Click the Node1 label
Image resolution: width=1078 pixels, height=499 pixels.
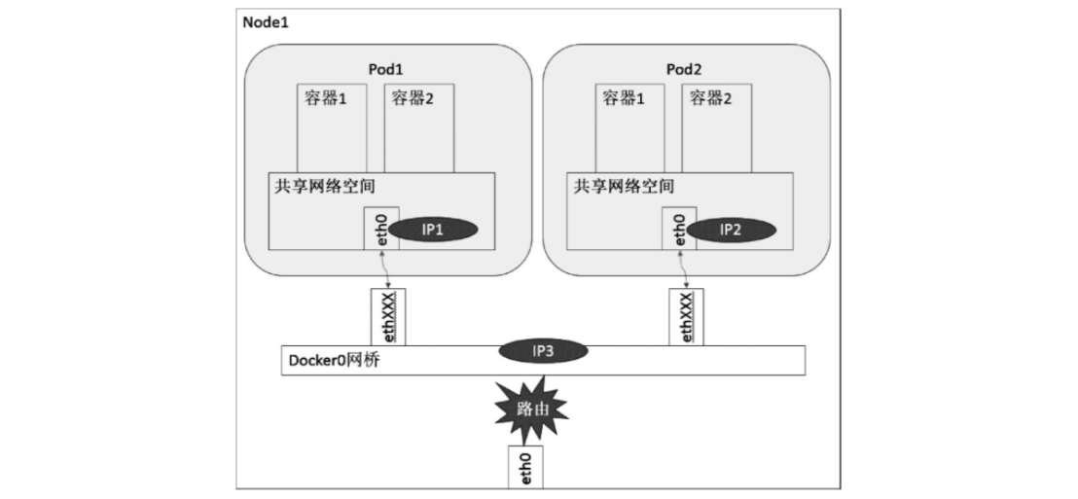click(x=266, y=20)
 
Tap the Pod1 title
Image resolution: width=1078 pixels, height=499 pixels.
click(x=385, y=70)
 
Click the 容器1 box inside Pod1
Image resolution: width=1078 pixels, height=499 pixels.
click(x=332, y=127)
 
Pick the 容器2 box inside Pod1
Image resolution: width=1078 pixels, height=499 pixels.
click(x=419, y=127)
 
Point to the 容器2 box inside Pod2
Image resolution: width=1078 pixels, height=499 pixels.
click(x=716, y=127)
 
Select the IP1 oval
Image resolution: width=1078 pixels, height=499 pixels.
click(x=433, y=230)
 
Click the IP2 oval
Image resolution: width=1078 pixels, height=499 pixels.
click(x=731, y=230)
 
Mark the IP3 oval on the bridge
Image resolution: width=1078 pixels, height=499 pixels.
click(x=544, y=351)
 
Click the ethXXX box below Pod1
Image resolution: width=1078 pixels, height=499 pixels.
click(x=388, y=316)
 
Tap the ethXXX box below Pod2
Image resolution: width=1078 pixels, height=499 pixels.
click(x=685, y=316)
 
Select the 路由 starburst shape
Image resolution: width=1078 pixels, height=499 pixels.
click(x=527, y=410)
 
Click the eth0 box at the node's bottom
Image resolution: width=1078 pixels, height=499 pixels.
click(x=524, y=466)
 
